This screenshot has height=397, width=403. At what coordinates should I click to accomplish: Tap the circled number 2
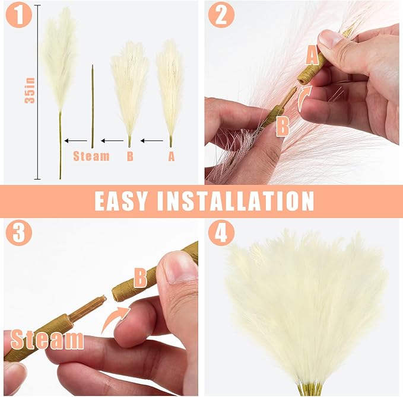pos(221,15)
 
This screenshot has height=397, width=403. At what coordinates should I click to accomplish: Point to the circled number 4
pos(221,233)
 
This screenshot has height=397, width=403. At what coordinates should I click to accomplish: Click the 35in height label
pos(30,91)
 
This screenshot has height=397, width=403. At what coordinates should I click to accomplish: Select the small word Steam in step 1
pos(91,156)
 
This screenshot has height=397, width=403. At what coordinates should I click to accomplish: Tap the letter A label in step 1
pos(172,156)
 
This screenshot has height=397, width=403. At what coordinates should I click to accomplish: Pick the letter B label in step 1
pos(130,156)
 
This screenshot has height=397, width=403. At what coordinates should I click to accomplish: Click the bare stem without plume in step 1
pos(93,107)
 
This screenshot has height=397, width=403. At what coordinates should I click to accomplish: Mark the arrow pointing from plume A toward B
pos(151,141)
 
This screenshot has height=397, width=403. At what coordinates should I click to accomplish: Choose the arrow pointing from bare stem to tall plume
pos(75,141)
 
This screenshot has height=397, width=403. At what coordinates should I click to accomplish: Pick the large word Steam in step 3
pos(47,340)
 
